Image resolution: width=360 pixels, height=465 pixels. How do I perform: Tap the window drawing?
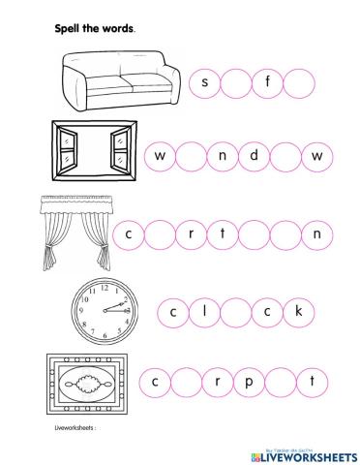[x=93, y=153]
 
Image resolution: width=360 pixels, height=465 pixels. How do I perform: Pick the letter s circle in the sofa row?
[x=205, y=82]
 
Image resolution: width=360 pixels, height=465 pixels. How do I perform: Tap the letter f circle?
[x=267, y=82]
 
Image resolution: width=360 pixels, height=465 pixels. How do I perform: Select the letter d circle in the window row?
[x=255, y=155]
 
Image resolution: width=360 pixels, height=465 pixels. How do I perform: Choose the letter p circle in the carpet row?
[x=248, y=381]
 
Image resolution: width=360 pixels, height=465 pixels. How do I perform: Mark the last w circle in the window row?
[x=316, y=155]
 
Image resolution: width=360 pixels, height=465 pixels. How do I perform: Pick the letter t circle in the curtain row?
[x=223, y=232]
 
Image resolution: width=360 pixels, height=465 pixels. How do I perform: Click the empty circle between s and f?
[x=236, y=82]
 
